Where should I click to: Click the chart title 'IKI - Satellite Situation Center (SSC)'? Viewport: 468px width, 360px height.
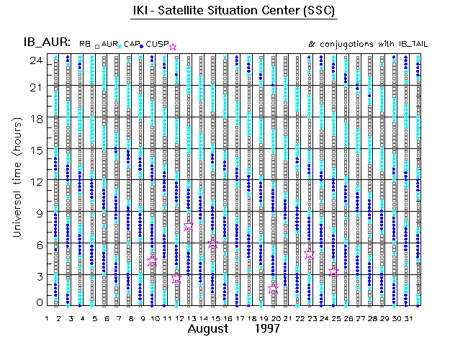tap(235, 12)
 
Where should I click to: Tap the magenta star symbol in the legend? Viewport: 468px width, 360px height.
tap(173, 47)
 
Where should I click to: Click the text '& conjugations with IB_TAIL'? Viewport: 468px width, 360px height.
tap(368, 44)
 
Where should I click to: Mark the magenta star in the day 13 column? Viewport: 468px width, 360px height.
tap(189, 225)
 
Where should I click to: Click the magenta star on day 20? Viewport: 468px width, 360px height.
tap(273, 289)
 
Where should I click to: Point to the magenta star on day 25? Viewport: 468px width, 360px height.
tap(333, 271)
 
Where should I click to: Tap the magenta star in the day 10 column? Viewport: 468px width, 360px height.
tap(152, 261)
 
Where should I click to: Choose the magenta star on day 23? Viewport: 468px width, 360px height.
tap(310, 254)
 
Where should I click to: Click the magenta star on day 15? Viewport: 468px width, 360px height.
tap(213, 244)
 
